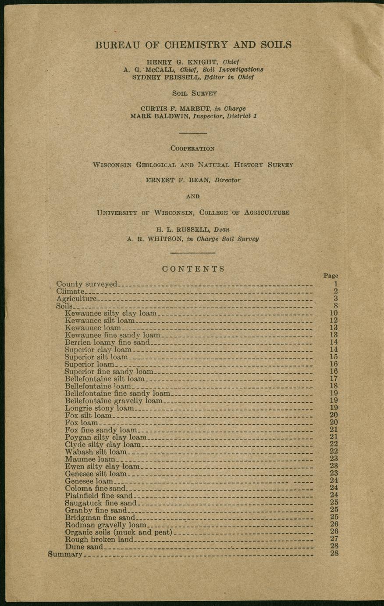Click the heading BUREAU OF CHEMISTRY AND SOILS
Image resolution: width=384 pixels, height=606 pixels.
tap(193, 45)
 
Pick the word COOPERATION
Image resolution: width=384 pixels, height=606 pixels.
tap(193, 148)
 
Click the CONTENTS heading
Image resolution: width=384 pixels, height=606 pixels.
tap(193, 269)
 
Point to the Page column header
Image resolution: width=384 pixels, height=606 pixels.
tap(331, 276)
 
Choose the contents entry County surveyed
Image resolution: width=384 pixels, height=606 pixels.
tap(87, 284)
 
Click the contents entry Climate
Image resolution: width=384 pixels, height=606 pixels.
tap(70, 291)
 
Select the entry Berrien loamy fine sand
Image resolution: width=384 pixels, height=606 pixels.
tap(107, 342)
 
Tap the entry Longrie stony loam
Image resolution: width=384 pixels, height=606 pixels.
tap(99, 408)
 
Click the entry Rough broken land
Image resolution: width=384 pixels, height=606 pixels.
tap(99, 539)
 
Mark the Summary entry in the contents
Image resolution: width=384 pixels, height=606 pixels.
tap(65, 554)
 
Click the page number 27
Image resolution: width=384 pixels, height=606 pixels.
tap(334, 539)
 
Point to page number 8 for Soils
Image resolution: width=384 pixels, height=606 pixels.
tap(335, 306)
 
